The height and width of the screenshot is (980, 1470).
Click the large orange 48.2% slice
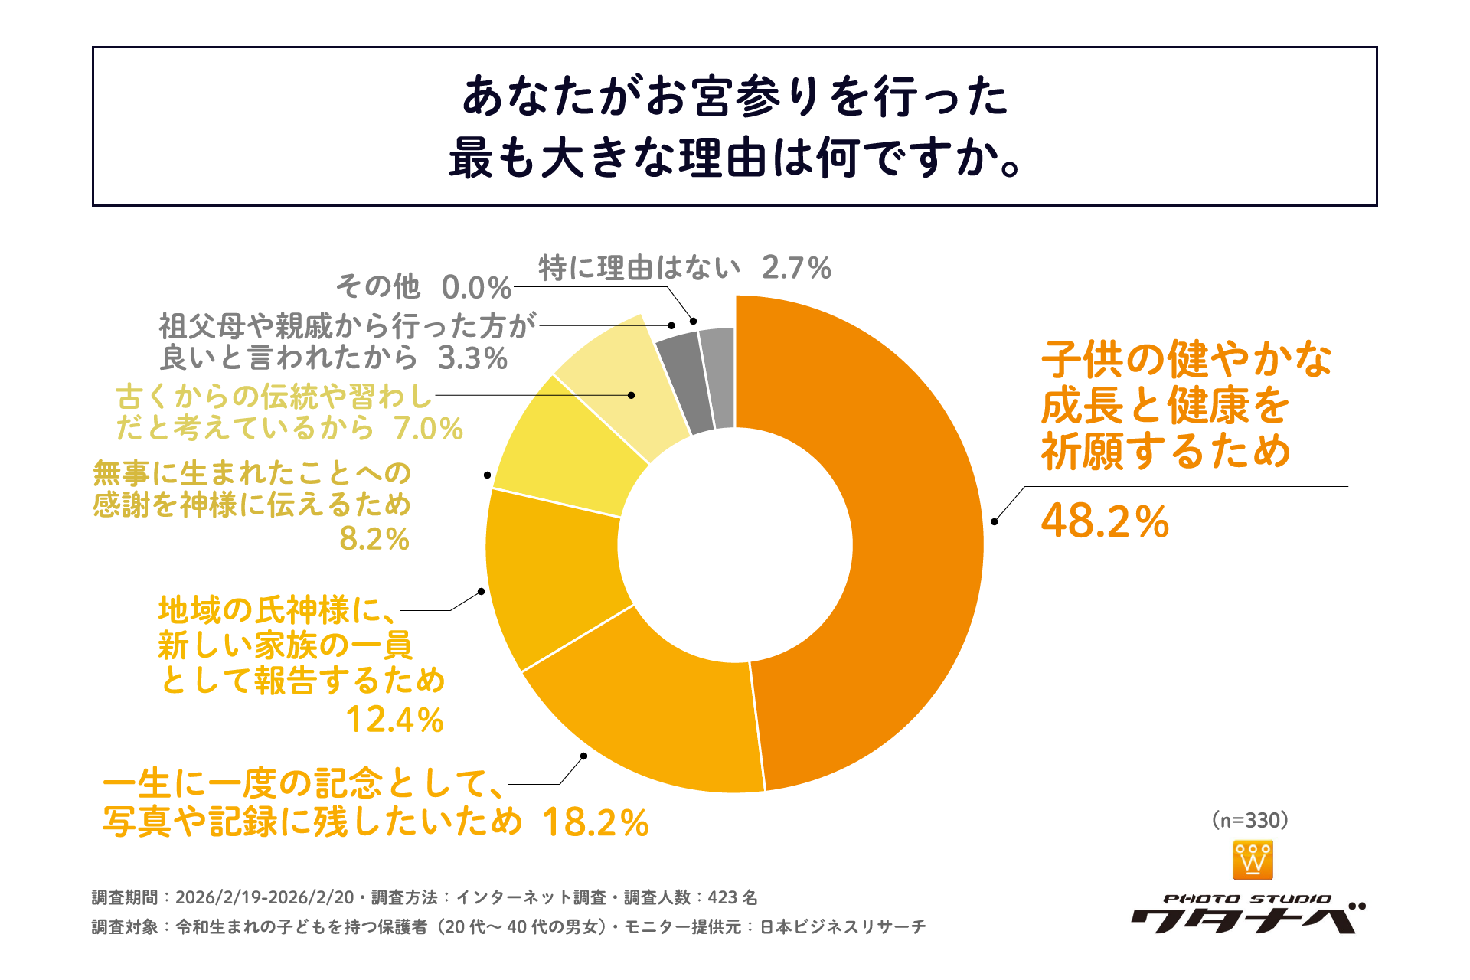pyautogui.click(x=911, y=536)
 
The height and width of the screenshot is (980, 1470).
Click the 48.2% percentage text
pyautogui.click(x=1105, y=521)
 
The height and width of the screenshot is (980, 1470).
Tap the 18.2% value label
pyautogui.click(x=595, y=824)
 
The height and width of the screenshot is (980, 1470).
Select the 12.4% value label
pyautogui.click(x=394, y=720)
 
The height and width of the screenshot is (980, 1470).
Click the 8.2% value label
pyautogui.click(x=374, y=539)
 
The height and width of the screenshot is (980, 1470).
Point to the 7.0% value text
pyautogui.click(x=428, y=429)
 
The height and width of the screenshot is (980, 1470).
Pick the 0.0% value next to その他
pyautogui.click(x=475, y=288)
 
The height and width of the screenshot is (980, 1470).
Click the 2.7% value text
pyautogui.click(x=795, y=268)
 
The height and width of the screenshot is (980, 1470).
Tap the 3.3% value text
pyautogui.click(x=472, y=358)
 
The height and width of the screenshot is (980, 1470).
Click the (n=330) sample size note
pyautogui.click(x=1250, y=820)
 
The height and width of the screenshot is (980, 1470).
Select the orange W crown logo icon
pyautogui.click(x=1253, y=860)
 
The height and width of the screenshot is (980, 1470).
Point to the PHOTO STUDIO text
pyautogui.click(x=1247, y=899)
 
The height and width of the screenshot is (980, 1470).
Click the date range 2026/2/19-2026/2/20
pyautogui.click(x=264, y=897)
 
